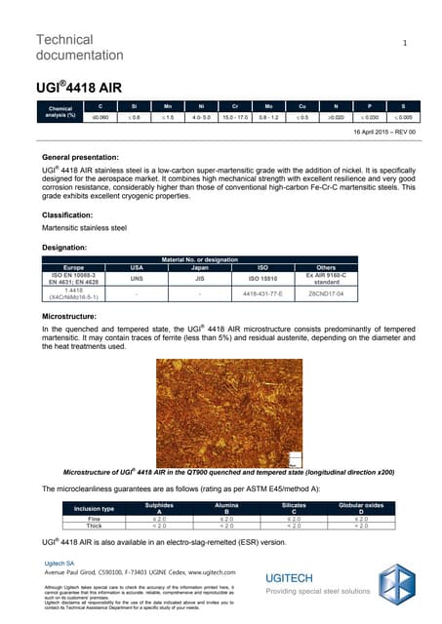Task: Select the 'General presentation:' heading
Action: coord(85,157)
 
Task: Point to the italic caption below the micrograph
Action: coord(221,472)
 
